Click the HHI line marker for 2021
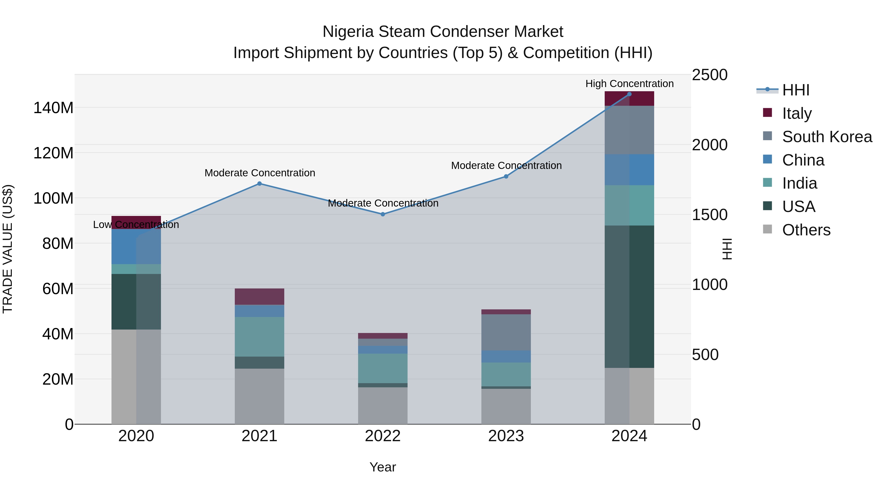(259, 183)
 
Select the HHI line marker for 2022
(382, 214)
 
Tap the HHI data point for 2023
(506, 176)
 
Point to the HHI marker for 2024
(629, 94)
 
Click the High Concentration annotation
(629, 84)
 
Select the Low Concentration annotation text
(136, 225)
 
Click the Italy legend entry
(797, 113)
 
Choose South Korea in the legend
(827, 137)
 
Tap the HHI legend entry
(795, 90)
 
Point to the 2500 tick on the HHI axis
(710, 75)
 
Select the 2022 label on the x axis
(382, 436)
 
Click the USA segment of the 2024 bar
(629, 296)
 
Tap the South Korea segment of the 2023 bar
(506, 332)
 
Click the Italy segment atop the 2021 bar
(259, 296)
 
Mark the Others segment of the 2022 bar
(382, 406)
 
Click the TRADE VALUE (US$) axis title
(8, 249)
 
